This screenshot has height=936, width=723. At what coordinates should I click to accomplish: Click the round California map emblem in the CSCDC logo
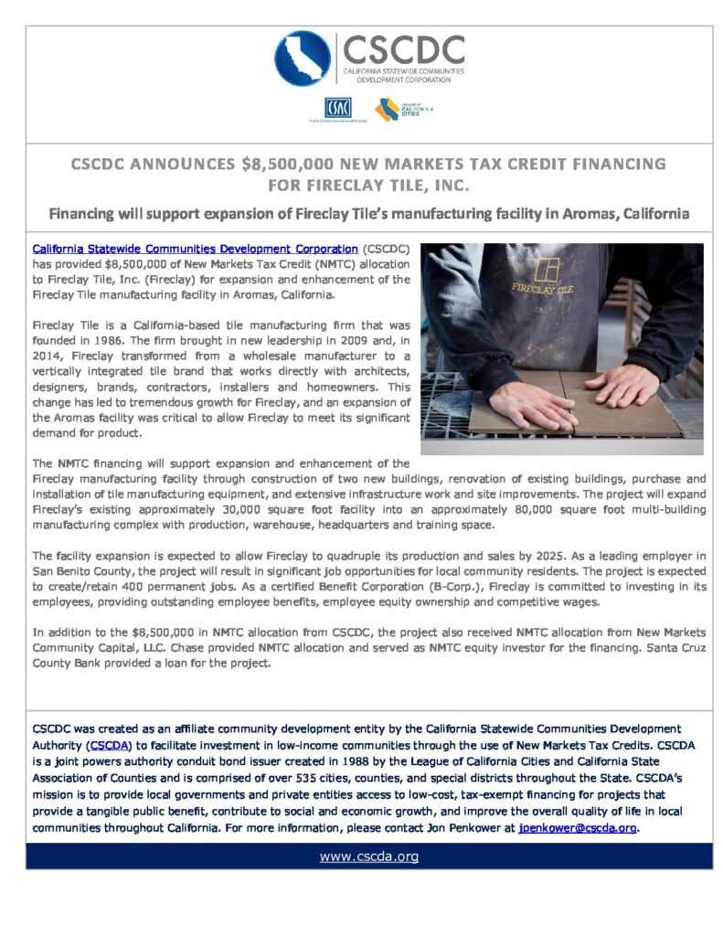(x=303, y=58)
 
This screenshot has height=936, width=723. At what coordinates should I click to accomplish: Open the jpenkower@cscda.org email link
(x=578, y=828)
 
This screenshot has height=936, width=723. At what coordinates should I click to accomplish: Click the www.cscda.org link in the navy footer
(x=369, y=856)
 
